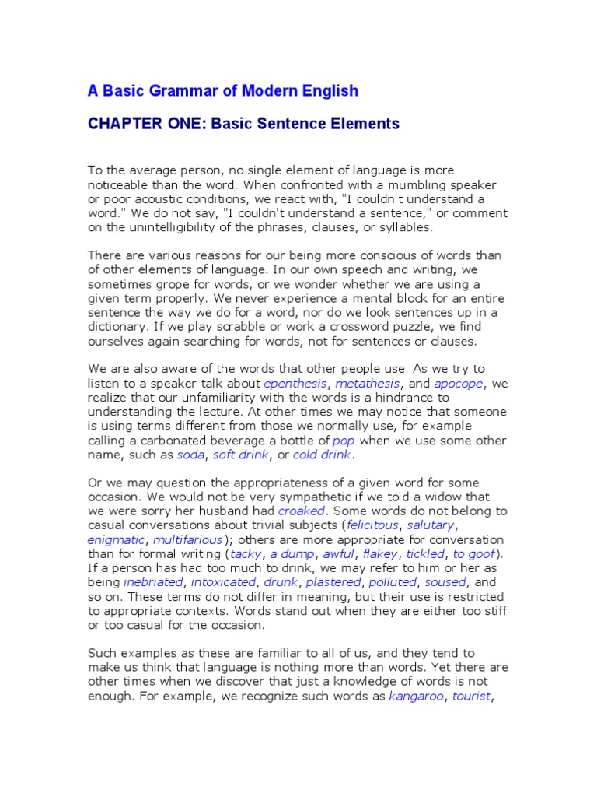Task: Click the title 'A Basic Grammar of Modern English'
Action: [x=223, y=91]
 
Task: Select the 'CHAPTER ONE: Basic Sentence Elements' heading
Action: [x=243, y=124]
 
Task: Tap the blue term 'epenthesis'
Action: [x=295, y=384]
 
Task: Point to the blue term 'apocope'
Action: [x=459, y=384]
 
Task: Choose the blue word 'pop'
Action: [x=344, y=440]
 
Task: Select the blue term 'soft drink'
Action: [x=240, y=455]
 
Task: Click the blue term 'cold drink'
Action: [x=323, y=455]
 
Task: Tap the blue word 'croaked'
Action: [x=302, y=511]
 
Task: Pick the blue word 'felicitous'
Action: [x=372, y=525]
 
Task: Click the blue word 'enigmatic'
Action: [x=116, y=539]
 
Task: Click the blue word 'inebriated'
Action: [x=153, y=581]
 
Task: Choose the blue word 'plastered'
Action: [x=333, y=581]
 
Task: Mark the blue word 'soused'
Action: [x=445, y=581]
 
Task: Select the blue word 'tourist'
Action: [x=471, y=696]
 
